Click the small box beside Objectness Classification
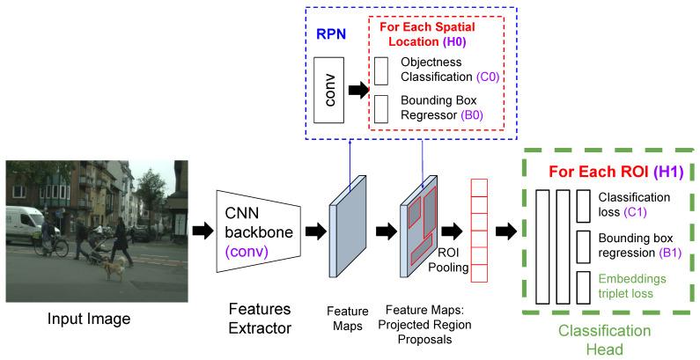tap(380, 70)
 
